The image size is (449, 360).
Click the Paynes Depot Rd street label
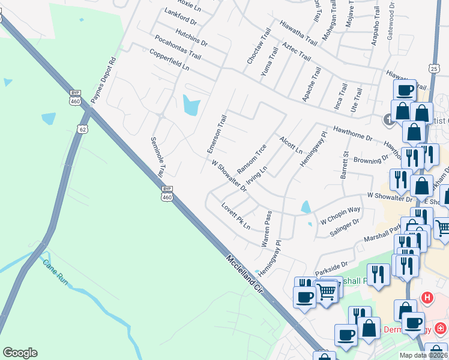(103, 80)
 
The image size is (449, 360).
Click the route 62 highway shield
(82, 128)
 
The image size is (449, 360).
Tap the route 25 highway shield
(433, 69)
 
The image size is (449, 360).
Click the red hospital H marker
(427, 297)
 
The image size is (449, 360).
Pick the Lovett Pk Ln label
(235, 215)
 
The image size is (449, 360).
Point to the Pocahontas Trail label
(178, 47)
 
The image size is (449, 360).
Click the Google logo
(20, 353)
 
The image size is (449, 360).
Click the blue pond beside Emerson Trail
(190, 106)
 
